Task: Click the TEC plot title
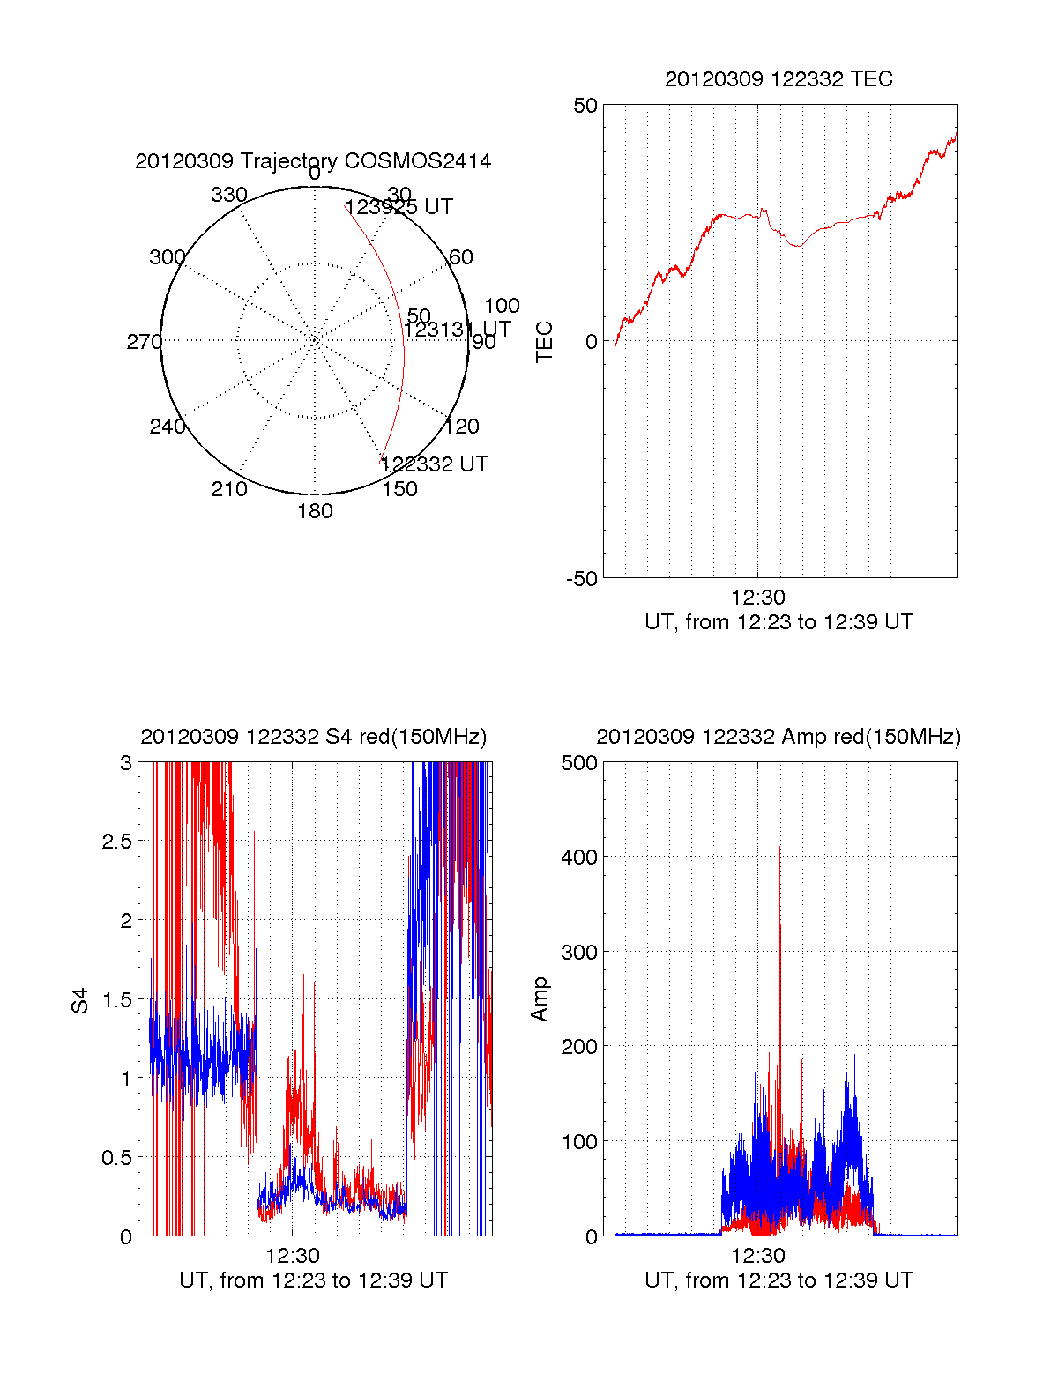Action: coord(779,79)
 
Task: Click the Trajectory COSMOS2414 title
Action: coord(313,161)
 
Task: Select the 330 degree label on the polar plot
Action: coord(229,195)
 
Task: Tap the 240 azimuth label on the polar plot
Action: coord(168,427)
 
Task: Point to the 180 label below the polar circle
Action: coord(315,511)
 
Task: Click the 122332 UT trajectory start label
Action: coord(435,464)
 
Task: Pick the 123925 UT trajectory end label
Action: coord(399,207)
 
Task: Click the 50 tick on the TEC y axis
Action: coord(585,106)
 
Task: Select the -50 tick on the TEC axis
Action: coord(582,579)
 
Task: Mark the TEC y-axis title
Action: coord(545,342)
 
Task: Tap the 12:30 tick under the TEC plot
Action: coord(758,598)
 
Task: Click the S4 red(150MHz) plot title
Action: coord(313,737)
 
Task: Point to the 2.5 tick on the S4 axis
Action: coord(116,842)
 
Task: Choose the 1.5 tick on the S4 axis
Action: coord(116,999)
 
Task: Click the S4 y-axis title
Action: coord(80,1000)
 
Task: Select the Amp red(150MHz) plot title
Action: coord(779,737)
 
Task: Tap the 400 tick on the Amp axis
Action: coord(579,857)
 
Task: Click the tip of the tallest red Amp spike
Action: coord(779,846)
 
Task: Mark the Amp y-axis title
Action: coord(540,999)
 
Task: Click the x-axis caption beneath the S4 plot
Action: coord(313,1280)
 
